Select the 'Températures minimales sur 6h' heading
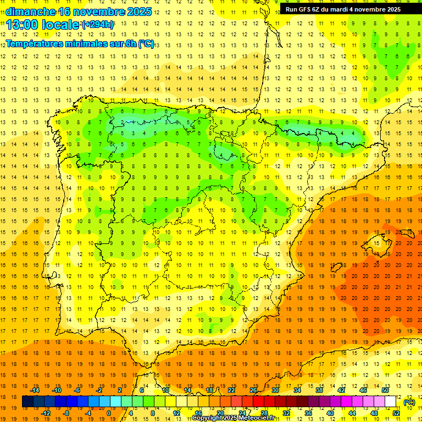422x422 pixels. point(80,43)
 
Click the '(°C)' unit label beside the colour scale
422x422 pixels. point(409,402)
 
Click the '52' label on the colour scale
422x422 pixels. point(396,413)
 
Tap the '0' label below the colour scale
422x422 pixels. point(109,413)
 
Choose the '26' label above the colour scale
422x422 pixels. point(253,390)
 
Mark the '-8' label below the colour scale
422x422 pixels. point(65,413)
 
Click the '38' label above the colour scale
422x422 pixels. point(319,390)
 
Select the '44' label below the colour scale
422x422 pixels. point(352,413)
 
